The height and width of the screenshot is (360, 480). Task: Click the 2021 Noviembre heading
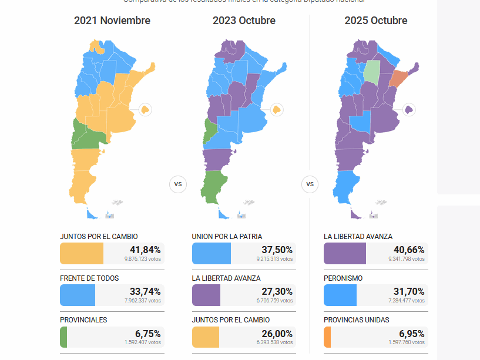click(x=112, y=21)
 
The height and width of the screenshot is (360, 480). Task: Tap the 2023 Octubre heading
click(x=244, y=21)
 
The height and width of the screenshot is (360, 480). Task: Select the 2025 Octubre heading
click(x=376, y=21)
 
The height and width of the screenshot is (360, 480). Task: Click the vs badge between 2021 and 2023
click(x=178, y=184)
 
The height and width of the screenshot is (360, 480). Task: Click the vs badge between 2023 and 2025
click(x=310, y=184)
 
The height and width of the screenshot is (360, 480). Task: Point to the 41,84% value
click(x=145, y=250)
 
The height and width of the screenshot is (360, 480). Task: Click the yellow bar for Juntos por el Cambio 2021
click(x=82, y=254)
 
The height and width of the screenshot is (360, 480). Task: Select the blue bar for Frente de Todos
click(x=78, y=295)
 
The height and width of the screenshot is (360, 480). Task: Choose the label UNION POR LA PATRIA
click(x=227, y=237)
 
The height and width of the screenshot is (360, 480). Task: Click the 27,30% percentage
click(x=277, y=291)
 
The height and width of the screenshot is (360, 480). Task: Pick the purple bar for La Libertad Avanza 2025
click(x=345, y=254)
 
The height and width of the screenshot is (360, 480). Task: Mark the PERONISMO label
click(x=343, y=278)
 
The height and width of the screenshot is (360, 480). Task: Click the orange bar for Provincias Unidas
click(x=327, y=337)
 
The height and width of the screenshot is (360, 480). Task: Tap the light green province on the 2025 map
click(x=371, y=70)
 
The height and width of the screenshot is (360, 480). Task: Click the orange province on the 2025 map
click(x=399, y=78)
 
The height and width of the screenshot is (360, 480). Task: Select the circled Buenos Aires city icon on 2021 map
click(x=145, y=109)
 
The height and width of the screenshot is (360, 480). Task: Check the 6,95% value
click(x=411, y=333)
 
